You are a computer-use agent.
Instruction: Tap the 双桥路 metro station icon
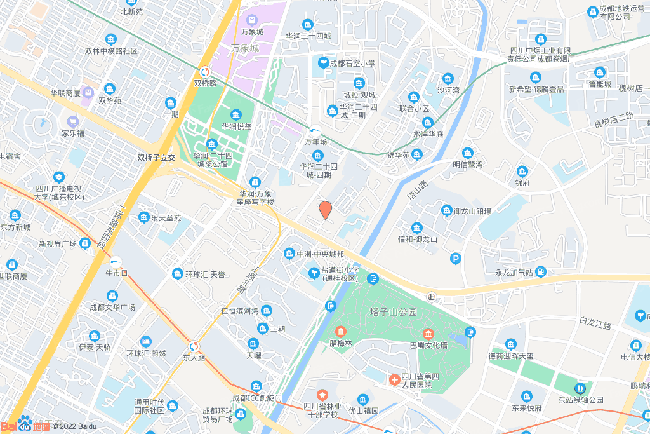(206, 72)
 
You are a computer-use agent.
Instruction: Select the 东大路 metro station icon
(194, 346)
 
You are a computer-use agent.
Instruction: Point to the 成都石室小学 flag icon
(323, 64)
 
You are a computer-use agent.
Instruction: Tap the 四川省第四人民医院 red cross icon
(394, 380)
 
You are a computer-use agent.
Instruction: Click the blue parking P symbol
(454, 258)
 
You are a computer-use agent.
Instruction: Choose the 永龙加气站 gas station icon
(540, 273)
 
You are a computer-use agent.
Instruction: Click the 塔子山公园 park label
(394, 312)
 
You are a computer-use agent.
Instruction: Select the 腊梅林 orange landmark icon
(341, 332)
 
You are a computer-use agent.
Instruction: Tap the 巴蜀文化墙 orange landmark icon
(428, 334)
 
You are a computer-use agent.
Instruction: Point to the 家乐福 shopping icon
(72, 121)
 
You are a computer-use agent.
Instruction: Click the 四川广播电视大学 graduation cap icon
(59, 177)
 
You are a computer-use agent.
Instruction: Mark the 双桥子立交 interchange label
(156, 157)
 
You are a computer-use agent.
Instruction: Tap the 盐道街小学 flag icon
(314, 273)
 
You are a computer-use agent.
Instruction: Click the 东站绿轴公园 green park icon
(579, 388)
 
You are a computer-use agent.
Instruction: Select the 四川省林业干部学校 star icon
(322, 395)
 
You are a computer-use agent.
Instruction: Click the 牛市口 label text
(116, 273)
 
